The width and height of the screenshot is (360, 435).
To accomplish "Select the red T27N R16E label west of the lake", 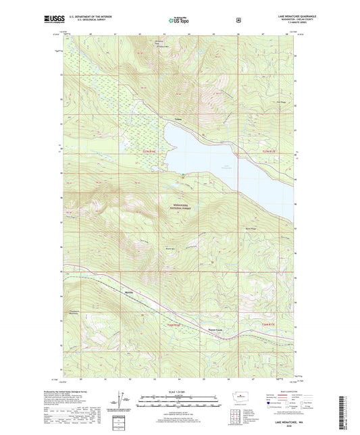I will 151,151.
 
